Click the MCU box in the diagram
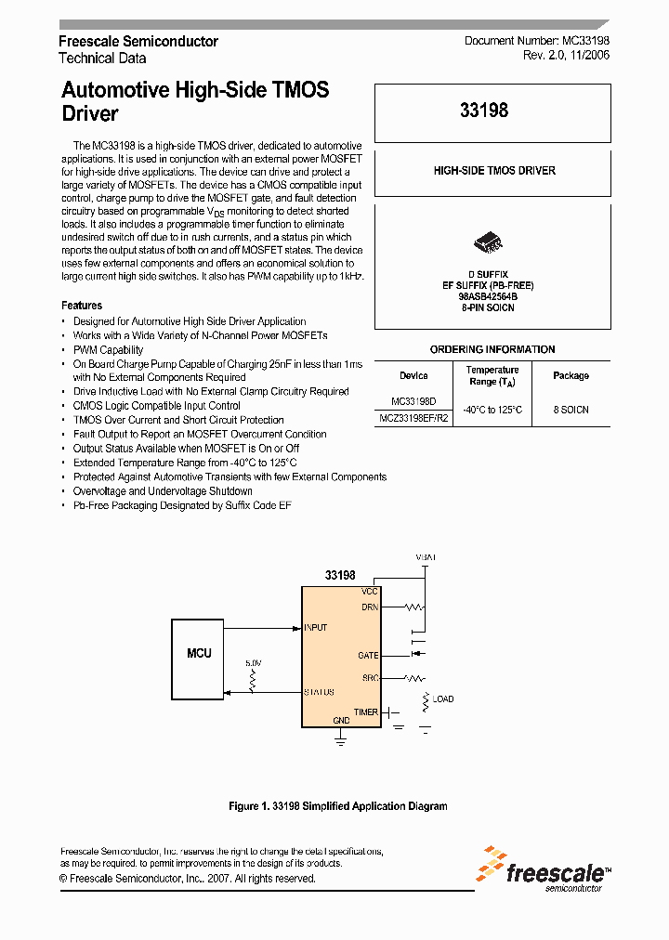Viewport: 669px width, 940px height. [x=199, y=654]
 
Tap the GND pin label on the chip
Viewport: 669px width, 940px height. [x=341, y=721]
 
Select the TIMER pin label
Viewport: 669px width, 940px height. [x=366, y=712]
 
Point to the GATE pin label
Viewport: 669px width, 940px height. [x=368, y=656]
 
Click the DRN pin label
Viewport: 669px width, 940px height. [x=370, y=607]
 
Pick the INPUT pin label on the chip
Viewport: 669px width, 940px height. [x=316, y=628]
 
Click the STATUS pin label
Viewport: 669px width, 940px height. [x=319, y=692]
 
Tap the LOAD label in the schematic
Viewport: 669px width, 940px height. [x=443, y=698]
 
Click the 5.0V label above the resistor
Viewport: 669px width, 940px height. [x=253, y=663]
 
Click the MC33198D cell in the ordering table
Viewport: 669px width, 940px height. [x=413, y=401]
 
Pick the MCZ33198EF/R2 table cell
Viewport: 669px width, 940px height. [x=413, y=418]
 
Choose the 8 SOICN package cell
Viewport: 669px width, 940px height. [x=571, y=410]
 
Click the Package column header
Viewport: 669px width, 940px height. [x=571, y=376]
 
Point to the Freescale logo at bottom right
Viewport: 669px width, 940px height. [x=543, y=869]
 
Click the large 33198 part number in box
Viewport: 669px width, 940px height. [x=484, y=111]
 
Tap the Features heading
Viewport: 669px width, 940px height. [x=82, y=306]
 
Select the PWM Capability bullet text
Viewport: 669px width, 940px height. [x=108, y=350]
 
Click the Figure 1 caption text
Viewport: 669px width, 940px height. [x=338, y=806]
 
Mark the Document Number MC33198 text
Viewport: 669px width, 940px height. [x=536, y=42]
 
